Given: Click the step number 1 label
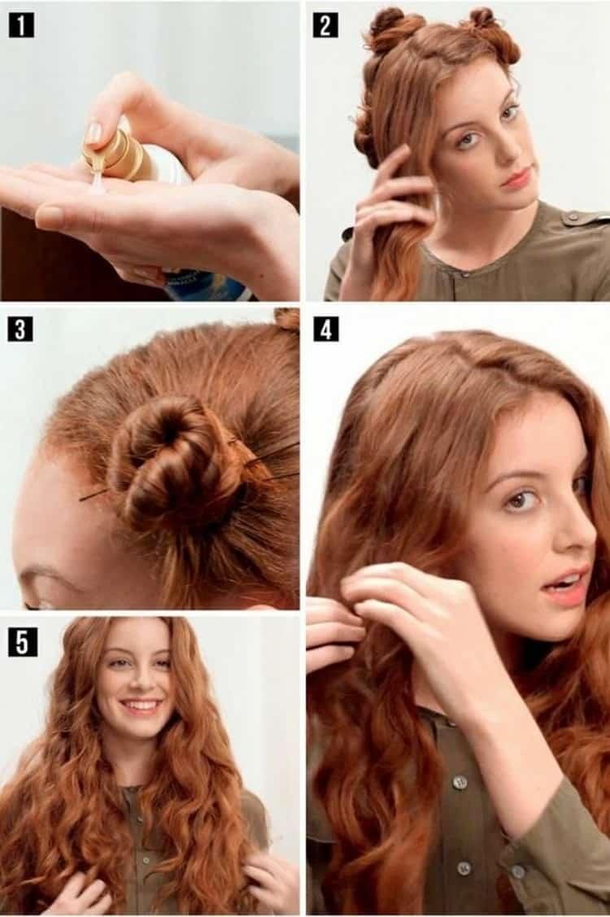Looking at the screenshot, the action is coord(21,26).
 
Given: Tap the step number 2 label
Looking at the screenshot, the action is coord(326,26).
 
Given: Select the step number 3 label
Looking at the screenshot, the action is coord(21,330).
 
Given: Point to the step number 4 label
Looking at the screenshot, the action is coord(326,330).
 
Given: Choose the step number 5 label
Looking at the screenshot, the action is coord(21,642).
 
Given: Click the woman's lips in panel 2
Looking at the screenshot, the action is coord(516,177).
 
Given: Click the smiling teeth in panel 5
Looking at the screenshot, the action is coord(140,704).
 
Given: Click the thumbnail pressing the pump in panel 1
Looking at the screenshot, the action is coord(93,134).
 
